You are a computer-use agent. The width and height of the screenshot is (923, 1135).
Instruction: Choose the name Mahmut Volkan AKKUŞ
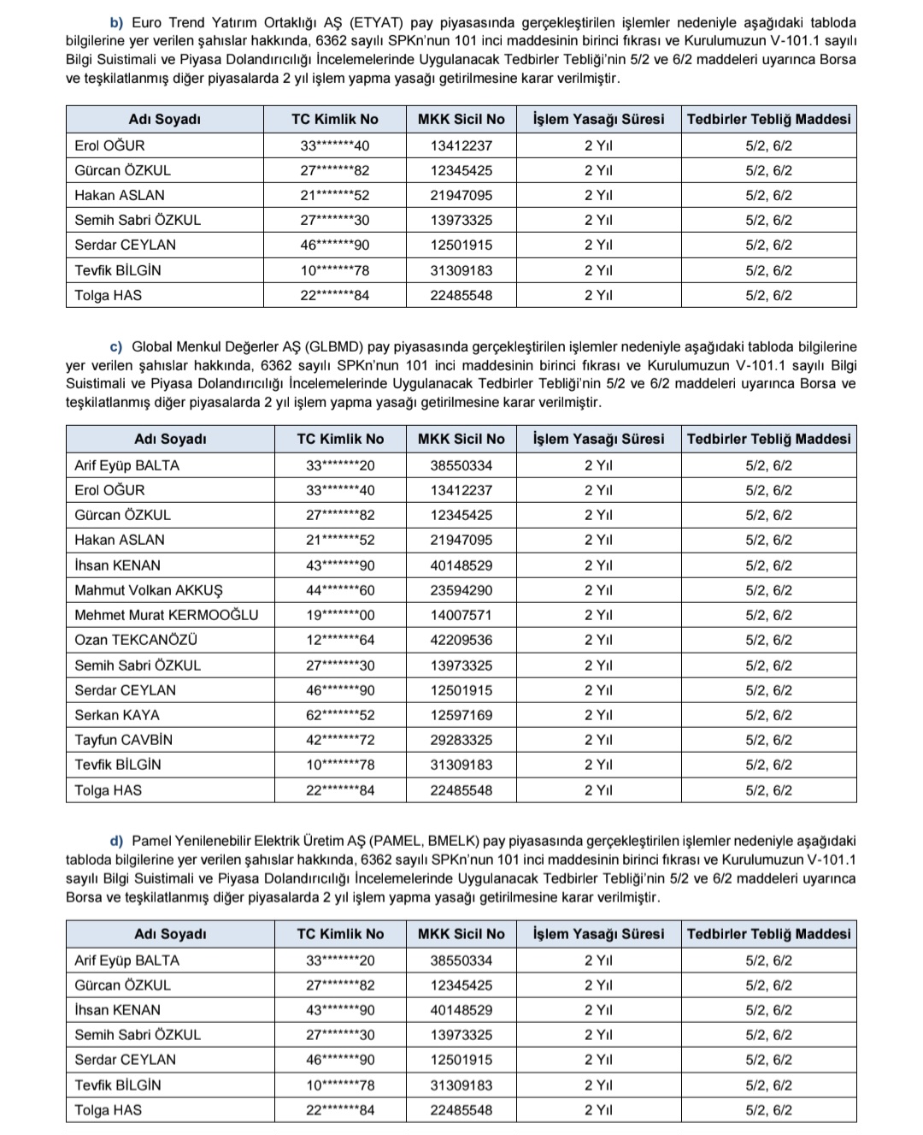pos(148,590)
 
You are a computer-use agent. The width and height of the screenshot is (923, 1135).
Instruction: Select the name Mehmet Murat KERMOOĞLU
pos(166,615)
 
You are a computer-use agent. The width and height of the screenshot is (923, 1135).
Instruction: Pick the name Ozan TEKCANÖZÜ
pos(136,640)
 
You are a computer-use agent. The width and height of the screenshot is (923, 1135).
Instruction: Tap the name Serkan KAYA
pos(117,715)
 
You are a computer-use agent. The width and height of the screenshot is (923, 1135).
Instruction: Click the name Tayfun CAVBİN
pos(123,740)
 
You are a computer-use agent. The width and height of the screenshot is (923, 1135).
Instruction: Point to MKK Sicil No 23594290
pos(461,590)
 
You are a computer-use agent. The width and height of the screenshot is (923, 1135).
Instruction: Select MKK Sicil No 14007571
pos(461,615)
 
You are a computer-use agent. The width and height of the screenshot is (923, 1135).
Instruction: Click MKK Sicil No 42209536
pos(461,640)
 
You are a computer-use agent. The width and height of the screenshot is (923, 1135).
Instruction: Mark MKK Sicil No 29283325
pos(461,740)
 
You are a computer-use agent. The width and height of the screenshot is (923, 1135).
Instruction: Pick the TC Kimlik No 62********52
pos(340,715)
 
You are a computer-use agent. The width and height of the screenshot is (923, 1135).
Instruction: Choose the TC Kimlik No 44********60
pos(340,590)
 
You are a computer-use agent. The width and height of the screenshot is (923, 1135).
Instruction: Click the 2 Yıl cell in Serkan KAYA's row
pos(598,715)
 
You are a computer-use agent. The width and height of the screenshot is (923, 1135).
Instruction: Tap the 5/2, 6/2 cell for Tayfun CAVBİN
pos(768,740)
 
